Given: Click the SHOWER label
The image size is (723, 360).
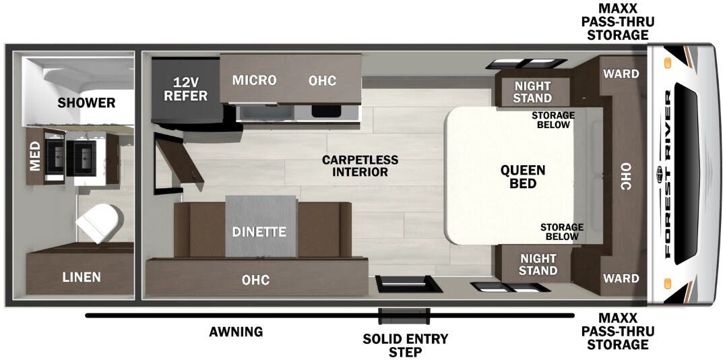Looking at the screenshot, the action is [86, 102].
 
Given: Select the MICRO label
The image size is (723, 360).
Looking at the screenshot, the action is [254, 80].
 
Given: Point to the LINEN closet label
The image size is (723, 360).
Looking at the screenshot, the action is [82, 277].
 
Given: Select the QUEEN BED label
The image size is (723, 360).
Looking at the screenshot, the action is [523, 177].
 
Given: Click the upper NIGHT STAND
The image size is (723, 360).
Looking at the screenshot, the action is [532, 92].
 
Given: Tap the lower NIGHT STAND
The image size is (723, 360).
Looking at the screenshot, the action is [538, 264].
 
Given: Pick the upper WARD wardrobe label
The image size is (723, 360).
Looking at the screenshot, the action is [621, 74].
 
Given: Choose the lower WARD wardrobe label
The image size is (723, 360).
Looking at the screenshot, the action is [621, 278].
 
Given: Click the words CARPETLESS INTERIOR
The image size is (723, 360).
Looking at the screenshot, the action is [360, 166].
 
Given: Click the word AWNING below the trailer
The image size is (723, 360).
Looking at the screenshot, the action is [236, 332].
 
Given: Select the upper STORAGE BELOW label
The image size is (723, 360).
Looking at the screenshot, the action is [553, 119].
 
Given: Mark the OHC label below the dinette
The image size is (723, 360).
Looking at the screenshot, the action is [255, 280].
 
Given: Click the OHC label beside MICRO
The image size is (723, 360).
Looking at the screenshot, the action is [322, 80].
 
